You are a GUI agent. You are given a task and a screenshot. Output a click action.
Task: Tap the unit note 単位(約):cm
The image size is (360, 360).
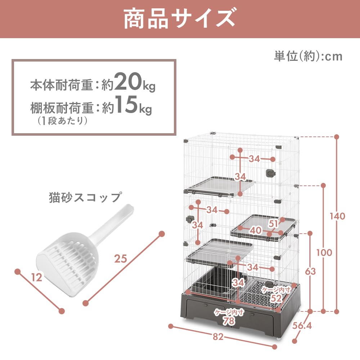coord(308,57)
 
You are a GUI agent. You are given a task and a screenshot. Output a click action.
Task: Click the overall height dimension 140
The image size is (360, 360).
coord(337,216)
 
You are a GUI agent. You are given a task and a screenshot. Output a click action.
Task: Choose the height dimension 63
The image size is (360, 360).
coord(310,271)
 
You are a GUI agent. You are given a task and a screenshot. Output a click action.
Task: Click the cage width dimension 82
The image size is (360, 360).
coord(218,337)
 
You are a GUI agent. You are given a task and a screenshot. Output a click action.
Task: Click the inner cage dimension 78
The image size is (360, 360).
coord(229,321)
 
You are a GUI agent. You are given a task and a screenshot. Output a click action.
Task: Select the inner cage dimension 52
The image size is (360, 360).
coord(276,298)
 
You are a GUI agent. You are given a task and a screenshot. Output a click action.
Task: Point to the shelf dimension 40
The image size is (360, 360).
coord(256,230)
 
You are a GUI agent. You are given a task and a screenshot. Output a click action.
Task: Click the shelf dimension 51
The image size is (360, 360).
coord(274,224)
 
